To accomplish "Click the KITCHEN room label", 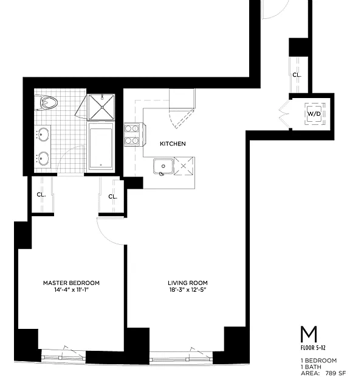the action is [173, 144].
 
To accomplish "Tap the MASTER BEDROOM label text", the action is [71, 283].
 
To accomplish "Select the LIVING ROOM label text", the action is [188, 283].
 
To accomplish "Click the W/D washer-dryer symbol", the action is [315, 114].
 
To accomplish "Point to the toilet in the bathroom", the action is [46, 103].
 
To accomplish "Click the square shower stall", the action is [101, 107].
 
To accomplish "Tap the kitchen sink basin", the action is [163, 166].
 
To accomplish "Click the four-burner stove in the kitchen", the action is [133, 135].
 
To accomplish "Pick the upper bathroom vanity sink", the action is [43, 134].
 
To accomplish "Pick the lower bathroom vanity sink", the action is [43, 158].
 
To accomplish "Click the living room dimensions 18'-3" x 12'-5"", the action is [188, 290].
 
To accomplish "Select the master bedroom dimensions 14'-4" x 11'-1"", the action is [71, 290].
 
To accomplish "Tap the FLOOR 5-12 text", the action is [313, 348].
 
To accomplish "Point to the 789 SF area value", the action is [335, 373].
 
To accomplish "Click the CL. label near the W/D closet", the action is [297, 75].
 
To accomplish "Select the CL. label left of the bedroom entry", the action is [41, 195].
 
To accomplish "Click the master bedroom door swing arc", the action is [106, 237].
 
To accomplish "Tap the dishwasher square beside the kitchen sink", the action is [184, 166].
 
